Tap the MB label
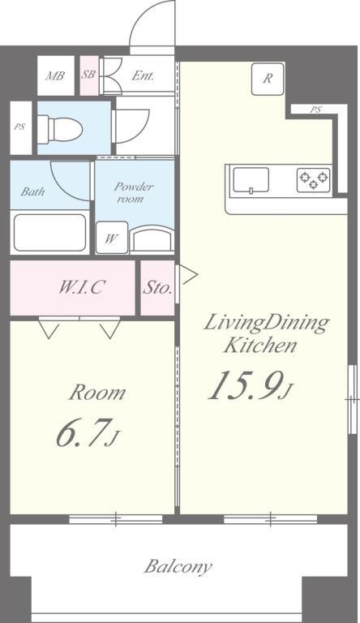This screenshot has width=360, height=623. [55, 75]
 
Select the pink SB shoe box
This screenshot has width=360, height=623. [89, 76]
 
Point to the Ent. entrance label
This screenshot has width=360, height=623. [143, 75]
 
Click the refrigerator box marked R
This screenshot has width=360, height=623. [268, 79]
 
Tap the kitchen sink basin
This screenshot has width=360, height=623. [251, 180]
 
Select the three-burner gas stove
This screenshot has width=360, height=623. [314, 180]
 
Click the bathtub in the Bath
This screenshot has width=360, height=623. [49, 233]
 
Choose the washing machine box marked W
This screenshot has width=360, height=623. [112, 237]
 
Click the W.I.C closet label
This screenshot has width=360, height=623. [82, 287]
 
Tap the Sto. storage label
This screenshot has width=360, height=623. [157, 288]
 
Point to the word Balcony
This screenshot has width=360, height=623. [178, 566]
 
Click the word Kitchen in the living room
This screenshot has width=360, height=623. [260, 345]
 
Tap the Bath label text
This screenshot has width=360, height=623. [32, 192]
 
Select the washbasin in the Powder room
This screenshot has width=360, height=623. [152, 238]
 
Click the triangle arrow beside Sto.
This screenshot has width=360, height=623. [189, 275]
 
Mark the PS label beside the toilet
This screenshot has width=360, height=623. [20, 127]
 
